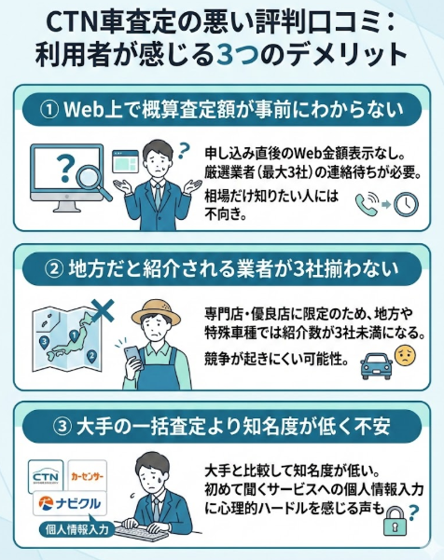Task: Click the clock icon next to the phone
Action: (405, 204)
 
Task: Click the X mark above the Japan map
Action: (104, 307)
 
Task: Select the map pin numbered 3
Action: (44, 342)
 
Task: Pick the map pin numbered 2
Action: (91, 356)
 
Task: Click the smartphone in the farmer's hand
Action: (132, 353)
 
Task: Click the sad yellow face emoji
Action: (403, 357)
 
